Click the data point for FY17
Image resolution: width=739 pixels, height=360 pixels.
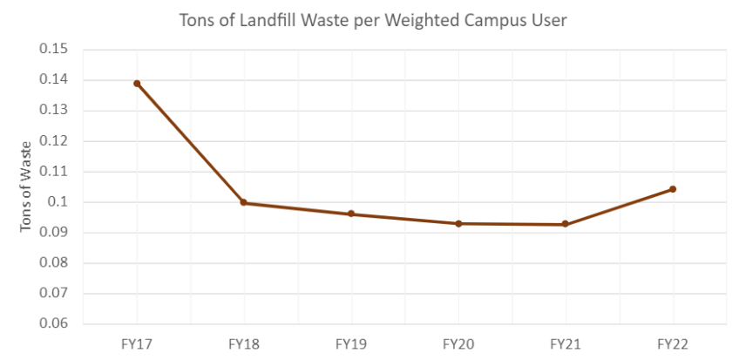coord(137,84)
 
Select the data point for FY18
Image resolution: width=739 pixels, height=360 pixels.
coord(244,202)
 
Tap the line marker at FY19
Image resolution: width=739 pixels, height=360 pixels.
coord(351,214)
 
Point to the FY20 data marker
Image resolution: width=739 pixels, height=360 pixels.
coord(458,223)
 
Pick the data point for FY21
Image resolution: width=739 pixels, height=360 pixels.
coord(566,224)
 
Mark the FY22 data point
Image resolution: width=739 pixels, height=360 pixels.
coord(673,189)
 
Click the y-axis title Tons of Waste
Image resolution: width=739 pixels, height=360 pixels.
coord(26,187)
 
